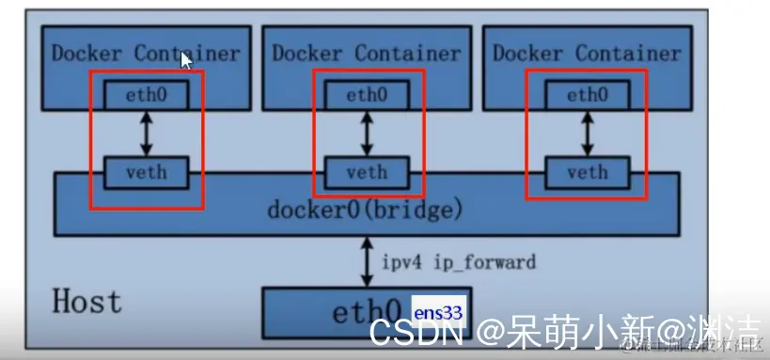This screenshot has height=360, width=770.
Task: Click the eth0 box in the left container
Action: [146, 94]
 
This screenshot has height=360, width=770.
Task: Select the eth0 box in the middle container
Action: [367, 94]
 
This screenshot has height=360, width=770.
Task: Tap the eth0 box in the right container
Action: [588, 94]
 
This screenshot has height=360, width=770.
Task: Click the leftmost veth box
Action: [146, 173]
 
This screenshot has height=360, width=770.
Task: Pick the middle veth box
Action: [367, 173]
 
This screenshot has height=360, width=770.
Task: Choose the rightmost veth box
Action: [588, 173]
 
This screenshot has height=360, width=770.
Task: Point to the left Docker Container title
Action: [146, 53]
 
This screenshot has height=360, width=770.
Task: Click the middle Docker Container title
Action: [367, 53]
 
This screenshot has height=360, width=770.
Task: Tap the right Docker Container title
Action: [587, 53]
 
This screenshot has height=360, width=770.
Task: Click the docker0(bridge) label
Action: [366, 208]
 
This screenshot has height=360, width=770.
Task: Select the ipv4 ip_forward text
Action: [459, 261]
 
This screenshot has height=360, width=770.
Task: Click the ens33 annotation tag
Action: [438, 306]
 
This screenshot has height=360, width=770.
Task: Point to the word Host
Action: [86, 302]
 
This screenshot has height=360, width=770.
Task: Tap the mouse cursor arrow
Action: [186, 60]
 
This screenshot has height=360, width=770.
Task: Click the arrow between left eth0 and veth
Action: [146, 133]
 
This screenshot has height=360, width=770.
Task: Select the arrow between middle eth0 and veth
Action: [367, 133]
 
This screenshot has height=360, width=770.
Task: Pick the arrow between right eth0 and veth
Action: [588, 133]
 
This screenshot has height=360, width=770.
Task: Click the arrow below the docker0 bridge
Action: [367, 261]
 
